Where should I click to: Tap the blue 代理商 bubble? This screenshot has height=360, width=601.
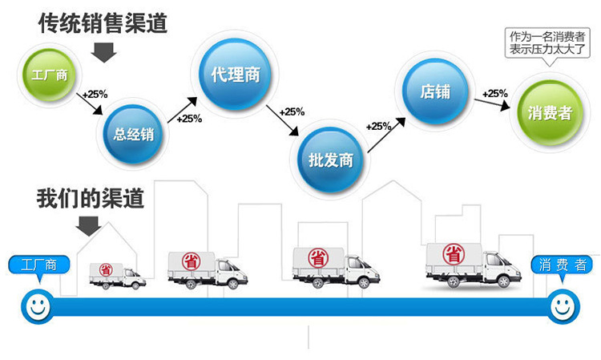click(233, 75)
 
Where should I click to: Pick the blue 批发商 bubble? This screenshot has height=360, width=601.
click(331, 158)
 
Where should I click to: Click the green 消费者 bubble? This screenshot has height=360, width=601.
click(550, 111)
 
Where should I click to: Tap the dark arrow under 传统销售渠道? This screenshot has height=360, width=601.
click(103, 52)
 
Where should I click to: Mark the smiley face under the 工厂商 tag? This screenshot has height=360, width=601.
click(36, 305)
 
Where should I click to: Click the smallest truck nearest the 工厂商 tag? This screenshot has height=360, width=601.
click(117, 275)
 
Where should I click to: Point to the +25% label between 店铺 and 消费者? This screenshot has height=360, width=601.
click(495, 93)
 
